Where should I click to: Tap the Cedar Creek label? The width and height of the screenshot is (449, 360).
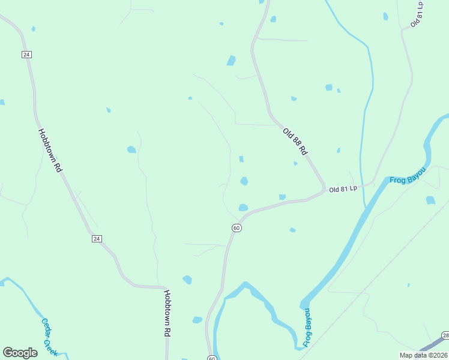(x=49, y=337)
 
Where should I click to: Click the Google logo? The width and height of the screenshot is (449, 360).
(x=20, y=353)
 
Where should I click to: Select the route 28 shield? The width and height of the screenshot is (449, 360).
(x=445, y=335)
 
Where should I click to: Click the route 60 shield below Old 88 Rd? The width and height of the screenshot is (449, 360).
(x=237, y=228)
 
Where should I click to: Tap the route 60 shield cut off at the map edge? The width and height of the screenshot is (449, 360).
(x=212, y=358)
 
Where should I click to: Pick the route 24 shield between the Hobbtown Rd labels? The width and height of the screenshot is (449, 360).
(x=97, y=239)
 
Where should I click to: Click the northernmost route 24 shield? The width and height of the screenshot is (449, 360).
(x=26, y=55)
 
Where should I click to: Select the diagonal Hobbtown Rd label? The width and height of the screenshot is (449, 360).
(x=50, y=151)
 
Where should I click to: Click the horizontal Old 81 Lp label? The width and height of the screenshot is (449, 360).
(x=343, y=188)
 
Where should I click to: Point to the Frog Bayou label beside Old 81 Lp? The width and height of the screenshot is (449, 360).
(x=408, y=176)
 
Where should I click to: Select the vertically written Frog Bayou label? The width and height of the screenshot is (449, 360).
(x=307, y=328)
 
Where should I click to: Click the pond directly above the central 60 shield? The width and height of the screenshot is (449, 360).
(x=243, y=208)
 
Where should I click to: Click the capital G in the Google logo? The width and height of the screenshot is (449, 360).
(x=8, y=353)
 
